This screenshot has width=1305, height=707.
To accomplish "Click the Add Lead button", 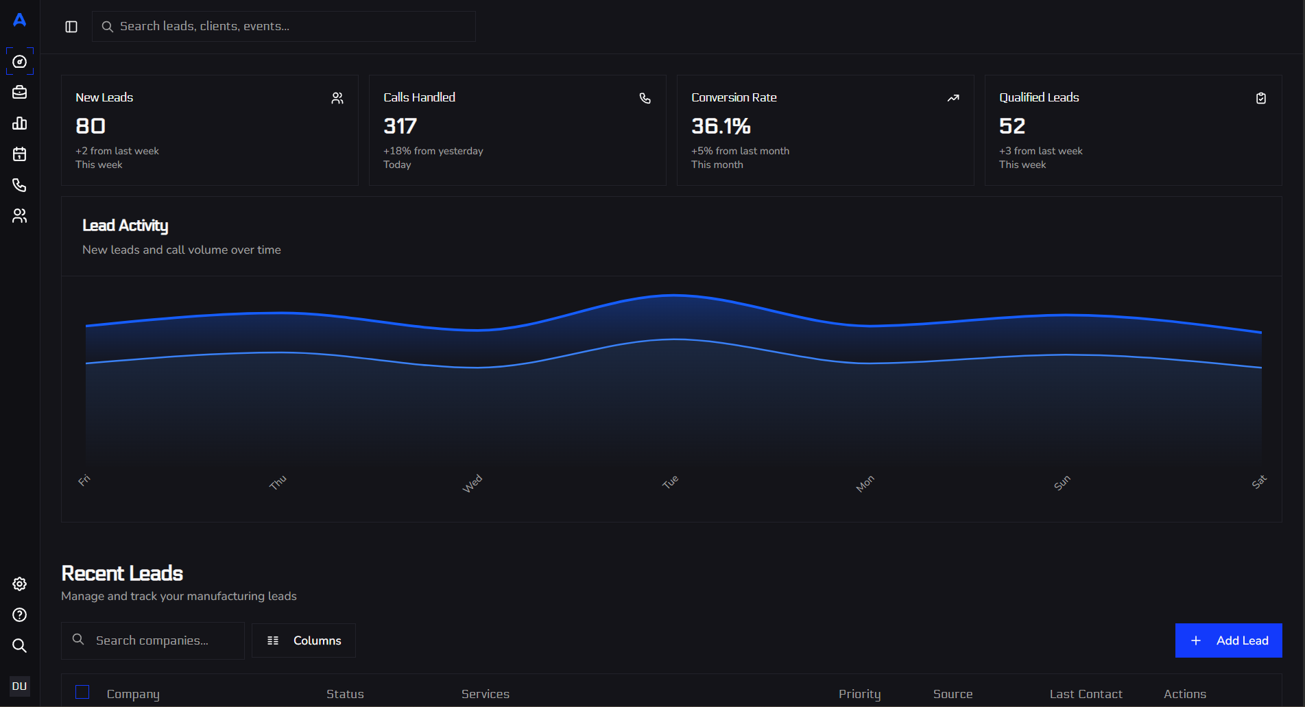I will (x=1228, y=640).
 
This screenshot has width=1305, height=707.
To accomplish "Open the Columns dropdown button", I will (x=304, y=640).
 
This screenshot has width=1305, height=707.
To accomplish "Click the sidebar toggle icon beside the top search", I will (x=71, y=27).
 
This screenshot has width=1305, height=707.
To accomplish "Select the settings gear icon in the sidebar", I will (x=20, y=584).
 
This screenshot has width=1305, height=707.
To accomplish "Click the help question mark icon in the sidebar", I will (x=20, y=615).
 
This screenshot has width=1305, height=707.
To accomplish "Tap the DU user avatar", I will (x=20, y=686).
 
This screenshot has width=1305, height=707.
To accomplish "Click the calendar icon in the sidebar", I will (x=20, y=154).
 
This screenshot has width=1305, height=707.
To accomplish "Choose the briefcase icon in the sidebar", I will (x=20, y=93).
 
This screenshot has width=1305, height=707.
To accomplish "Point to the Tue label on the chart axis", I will (x=670, y=482).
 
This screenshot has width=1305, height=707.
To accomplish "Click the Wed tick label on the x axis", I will (x=472, y=483).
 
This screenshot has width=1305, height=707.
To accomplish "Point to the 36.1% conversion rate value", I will (x=721, y=126).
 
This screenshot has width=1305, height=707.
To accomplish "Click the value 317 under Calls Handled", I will (x=400, y=126).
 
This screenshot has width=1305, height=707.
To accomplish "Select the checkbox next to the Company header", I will (x=82, y=693).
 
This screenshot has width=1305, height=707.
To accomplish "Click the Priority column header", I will (x=859, y=694).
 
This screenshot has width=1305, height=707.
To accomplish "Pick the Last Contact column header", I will (x=1086, y=694).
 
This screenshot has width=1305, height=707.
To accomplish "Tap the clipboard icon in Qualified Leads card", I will (x=1261, y=98).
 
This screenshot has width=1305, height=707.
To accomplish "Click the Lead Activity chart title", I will (x=125, y=226).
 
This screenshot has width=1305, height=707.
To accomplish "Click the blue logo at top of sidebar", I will (x=20, y=20).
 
